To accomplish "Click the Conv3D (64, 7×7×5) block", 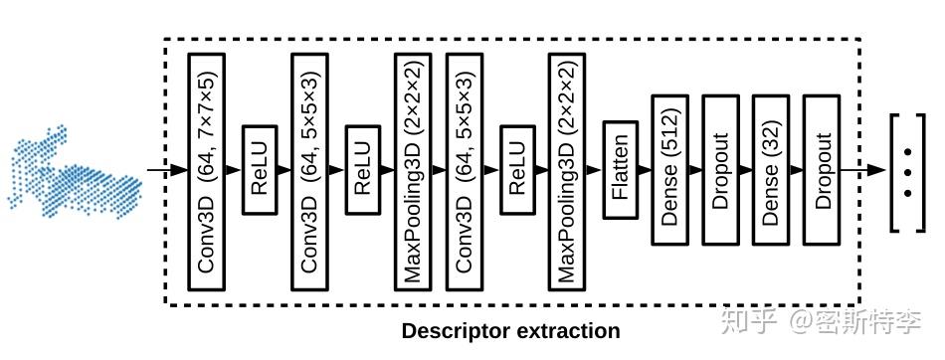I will (208, 171).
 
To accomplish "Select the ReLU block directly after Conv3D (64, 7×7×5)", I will (260, 171).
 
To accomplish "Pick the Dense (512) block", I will (670, 170).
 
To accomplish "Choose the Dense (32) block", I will (771, 170).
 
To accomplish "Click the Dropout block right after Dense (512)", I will (721, 170).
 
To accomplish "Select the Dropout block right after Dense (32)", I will (822, 170).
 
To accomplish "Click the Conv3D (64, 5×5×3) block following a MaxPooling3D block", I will (466, 171).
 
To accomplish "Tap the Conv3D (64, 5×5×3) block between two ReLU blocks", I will (311, 171).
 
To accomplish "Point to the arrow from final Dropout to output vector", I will (864, 170).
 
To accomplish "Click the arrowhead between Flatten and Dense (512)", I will (647, 170).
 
